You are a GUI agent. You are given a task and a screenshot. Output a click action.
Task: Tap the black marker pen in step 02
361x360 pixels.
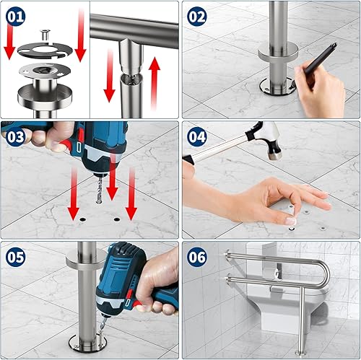[x=318, y=64]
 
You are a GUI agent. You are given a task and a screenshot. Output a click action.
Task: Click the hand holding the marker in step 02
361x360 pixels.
[x=318, y=94]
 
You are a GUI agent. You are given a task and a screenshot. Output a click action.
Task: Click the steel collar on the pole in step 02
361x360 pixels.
[x=278, y=52]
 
